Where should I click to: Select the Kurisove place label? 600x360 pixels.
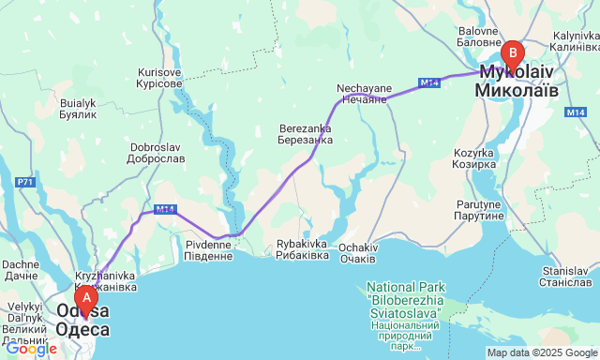pyautogui.click(x=159, y=78)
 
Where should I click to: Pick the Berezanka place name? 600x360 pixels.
pyautogui.click(x=305, y=134)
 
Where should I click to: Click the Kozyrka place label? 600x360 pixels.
pyautogui.click(x=473, y=158)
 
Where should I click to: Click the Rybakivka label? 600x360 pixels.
pyautogui.click(x=302, y=248)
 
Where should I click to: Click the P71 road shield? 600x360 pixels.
pyautogui.click(x=25, y=180)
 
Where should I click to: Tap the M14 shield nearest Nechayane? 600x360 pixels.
pyautogui.click(x=429, y=83)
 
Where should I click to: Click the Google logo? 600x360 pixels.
pyautogui.click(x=31, y=349)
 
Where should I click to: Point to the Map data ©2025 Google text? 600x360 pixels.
pyautogui.click(x=541, y=352)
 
